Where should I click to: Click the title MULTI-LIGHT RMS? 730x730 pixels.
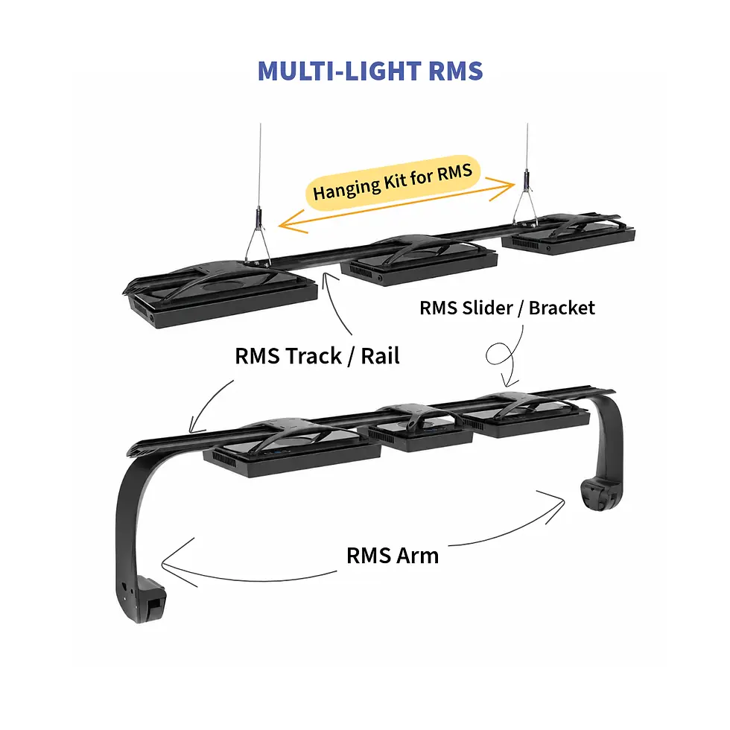[x=370, y=71]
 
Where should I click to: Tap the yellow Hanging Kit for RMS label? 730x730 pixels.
[x=393, y=182]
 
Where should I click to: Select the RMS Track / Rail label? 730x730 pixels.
[x=317, y=356]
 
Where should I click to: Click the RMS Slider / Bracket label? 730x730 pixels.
[x=507, y=308]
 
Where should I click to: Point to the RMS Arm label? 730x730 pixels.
[x=393, y=556]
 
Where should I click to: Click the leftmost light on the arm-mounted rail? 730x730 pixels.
[x=292, y=448]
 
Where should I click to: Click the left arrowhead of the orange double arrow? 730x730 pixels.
[x=291, y=222]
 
